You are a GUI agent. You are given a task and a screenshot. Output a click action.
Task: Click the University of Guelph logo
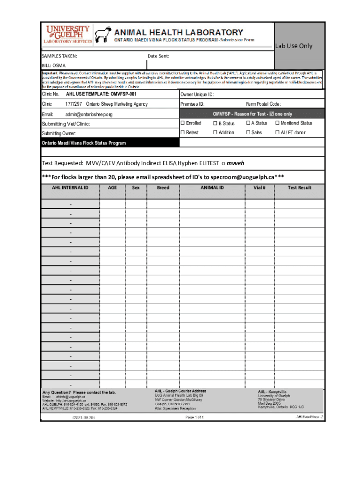click(x=68, y=34)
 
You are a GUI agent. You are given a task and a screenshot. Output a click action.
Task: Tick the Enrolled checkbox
click(x=183, y=123)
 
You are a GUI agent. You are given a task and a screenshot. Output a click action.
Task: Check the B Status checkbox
click(x=216, y=123)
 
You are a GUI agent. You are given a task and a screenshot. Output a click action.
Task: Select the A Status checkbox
click(x=248, y=123)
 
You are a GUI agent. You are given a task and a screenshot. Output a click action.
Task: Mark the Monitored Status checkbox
click(x=277, y=123)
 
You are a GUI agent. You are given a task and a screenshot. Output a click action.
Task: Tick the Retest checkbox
click(x=183, y=132)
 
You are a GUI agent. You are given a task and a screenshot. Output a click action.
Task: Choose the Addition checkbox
click(x=216, y=132)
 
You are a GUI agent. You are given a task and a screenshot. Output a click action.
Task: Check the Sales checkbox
click(x=248, y=132)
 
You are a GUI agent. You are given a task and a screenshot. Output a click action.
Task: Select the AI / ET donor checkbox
click(x=277, y=132)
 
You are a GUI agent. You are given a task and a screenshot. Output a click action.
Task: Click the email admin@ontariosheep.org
click(x=89, y=114)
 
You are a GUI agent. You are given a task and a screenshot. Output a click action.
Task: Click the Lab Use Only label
click(x=293, y=46)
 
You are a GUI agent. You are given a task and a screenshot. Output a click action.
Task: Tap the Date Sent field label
click(x=158, y=56)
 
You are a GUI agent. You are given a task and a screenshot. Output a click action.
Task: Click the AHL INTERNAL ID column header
click(x=70, y=188)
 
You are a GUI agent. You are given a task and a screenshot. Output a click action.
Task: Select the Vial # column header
click(x=259, y=188)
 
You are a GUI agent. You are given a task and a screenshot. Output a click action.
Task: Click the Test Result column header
click(x=299, y=188)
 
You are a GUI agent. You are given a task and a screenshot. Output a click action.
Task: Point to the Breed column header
click(x=163, y=188)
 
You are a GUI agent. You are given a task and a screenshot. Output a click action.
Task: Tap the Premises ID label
click(x=192, y=104)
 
